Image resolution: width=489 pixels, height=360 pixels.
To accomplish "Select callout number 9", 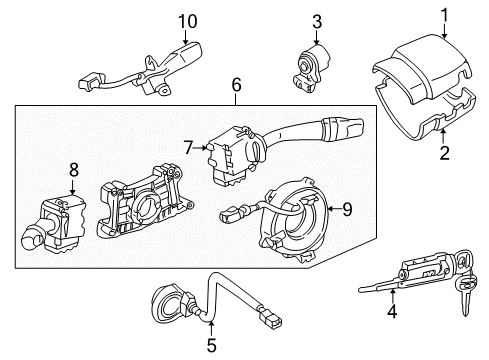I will [348, 210].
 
